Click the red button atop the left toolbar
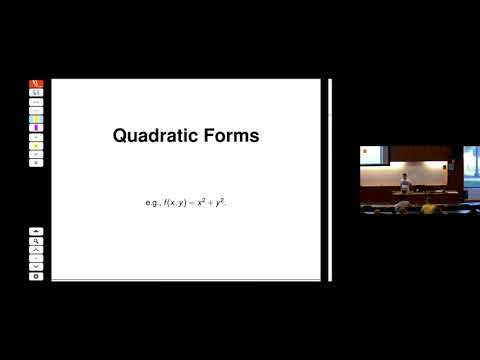point(37,84)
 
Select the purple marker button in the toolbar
point(37,127)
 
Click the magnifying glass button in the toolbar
point(37,241)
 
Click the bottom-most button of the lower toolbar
point(37,275)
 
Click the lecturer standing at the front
point(404,181)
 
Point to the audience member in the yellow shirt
point(428,208)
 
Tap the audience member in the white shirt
point(403,207)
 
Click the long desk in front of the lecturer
point(410,195)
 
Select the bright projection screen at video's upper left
point(372,155)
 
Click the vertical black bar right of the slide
point(329,180)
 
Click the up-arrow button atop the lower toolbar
point(37,231)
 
